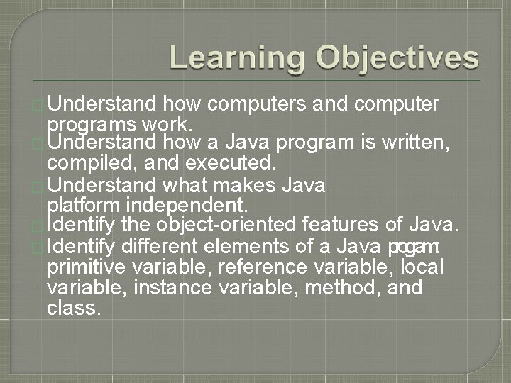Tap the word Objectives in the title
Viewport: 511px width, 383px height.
tap(397, 57)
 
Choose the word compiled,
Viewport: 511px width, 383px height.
tap(85, 164)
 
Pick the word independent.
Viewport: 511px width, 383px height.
tap(187, 206)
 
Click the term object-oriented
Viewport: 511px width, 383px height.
tap(222, 226)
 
